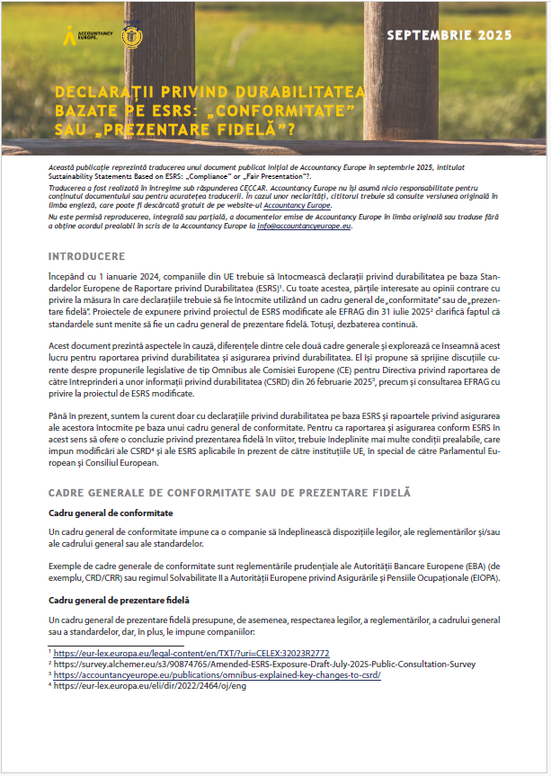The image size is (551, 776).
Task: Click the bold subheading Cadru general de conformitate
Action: point(111,513)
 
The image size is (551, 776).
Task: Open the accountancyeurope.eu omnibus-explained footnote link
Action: point(217,674)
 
